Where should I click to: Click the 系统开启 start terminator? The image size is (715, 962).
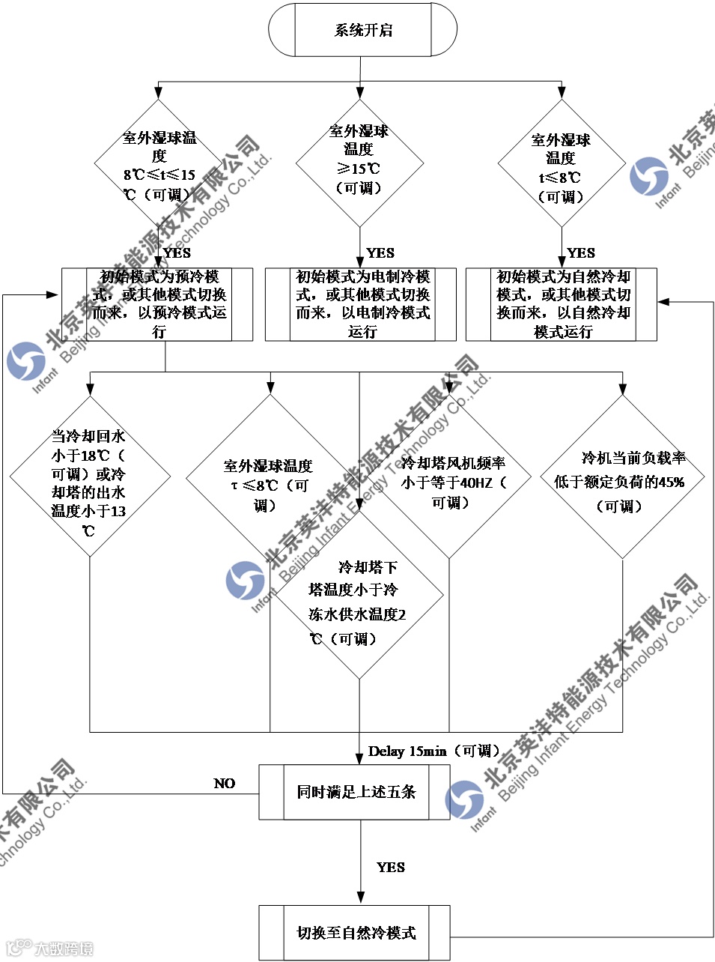point(362,30)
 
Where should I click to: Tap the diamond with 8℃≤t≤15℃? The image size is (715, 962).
point(159,164)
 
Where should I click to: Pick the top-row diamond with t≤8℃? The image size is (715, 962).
point(562,164)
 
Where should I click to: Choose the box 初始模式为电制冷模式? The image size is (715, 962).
point(361,304)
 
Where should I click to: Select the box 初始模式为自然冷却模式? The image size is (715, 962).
point(562,304)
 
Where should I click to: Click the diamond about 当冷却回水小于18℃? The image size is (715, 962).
point(90,477)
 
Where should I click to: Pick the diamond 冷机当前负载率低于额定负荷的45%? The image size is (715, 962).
point(622,477)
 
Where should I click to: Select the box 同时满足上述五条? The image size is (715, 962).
point(355,792)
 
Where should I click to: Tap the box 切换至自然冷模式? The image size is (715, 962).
point(355,933)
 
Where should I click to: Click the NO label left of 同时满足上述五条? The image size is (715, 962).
point(224,783)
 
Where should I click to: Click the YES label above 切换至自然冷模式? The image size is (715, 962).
point(391,867)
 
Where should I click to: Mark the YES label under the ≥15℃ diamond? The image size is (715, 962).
point(380,252)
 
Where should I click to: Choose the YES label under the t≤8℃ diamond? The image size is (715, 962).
point(581,252)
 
